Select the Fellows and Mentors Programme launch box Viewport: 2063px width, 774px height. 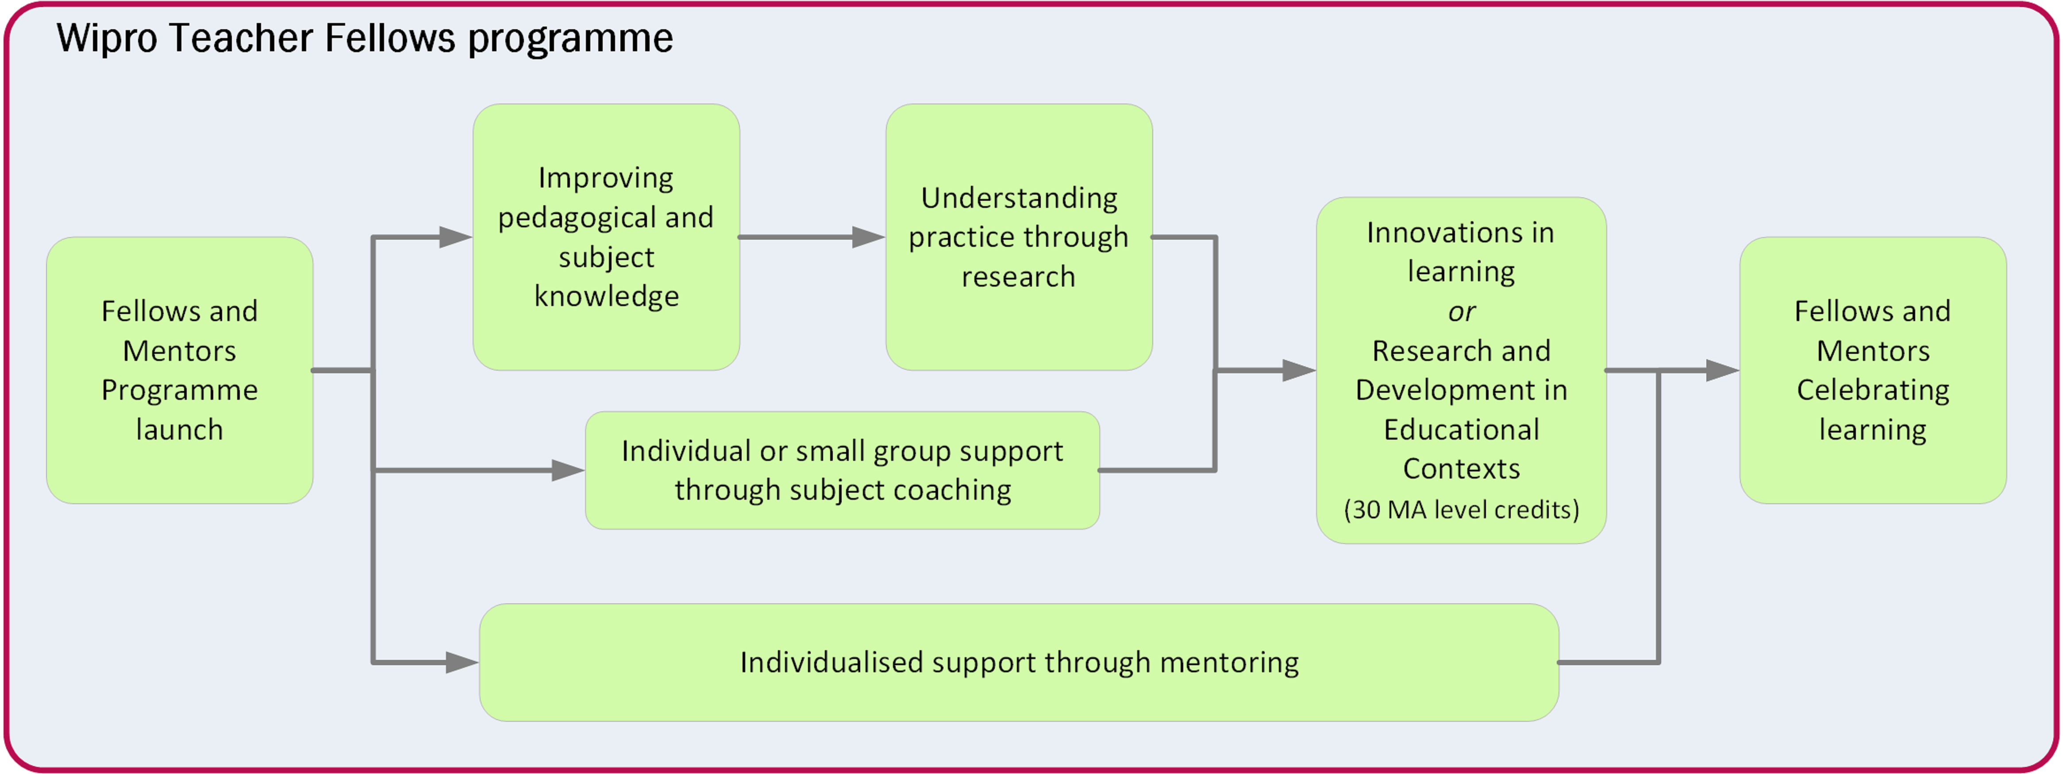(x=179, y=370)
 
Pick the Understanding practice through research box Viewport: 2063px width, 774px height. (x=1019, y=237)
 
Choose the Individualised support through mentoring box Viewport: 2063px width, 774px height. (x=1019, y=663)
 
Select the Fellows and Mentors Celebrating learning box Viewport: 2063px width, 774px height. (x=1872, y=370)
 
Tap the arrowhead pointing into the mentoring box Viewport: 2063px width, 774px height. (x=462, y=663)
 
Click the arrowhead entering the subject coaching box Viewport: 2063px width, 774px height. (x=568, y=471)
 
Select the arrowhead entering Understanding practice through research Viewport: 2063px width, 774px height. (x=868, y=237)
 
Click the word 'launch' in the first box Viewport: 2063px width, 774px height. (x=179, y=430)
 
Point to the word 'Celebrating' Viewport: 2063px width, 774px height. (x=1872, y=390)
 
